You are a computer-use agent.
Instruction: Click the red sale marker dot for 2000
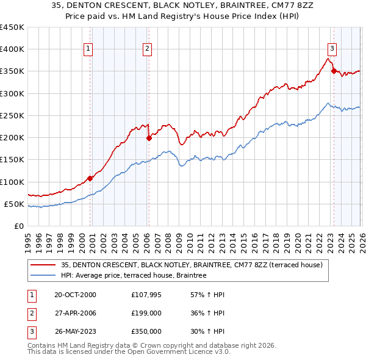[x=90, y=178]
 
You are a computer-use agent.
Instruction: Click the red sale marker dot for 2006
[x=149, y=138]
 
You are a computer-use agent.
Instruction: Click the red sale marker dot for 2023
[x=334, y=71]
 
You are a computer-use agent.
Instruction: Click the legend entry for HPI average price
[x=134, y=275]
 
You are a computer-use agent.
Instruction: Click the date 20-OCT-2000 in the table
[x=74, y=295]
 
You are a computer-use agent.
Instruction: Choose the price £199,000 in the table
[x=146, y=313]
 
